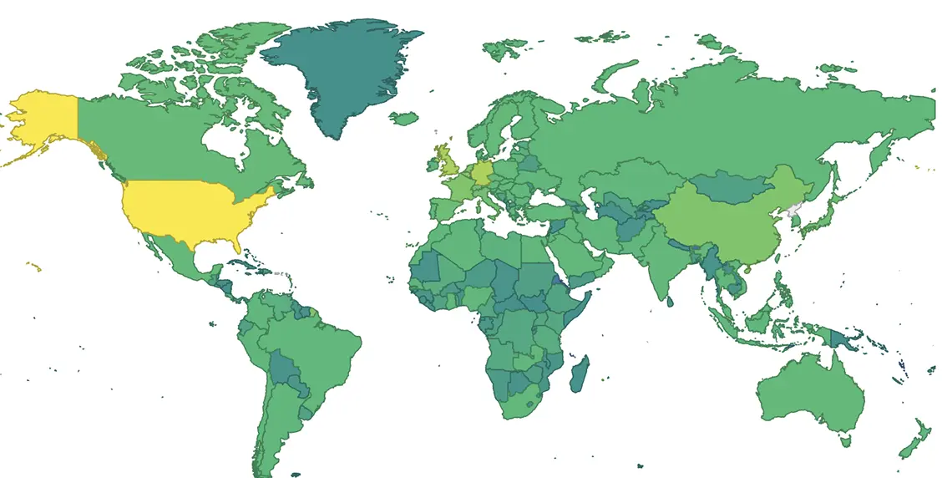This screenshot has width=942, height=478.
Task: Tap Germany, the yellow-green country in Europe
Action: point(481,174)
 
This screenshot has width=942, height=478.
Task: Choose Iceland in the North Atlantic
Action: point(403,119)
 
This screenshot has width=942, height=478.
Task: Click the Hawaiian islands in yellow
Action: point(33,267)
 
